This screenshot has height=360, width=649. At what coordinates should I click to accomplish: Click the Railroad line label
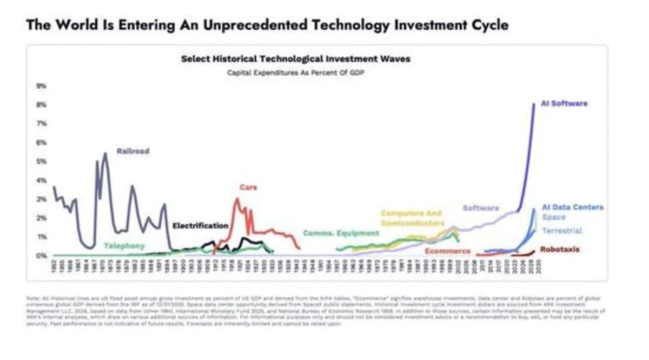(x=133, y=151)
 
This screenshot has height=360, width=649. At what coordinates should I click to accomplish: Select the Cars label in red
(x=248, y=187)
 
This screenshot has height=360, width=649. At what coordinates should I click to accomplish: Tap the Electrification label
(x=200, y=225)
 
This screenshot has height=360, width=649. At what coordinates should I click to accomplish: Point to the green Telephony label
(x=124, y=246)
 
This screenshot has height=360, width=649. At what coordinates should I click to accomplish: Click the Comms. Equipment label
(x=341, y=233)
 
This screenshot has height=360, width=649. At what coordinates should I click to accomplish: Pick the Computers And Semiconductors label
(x=412, y=218)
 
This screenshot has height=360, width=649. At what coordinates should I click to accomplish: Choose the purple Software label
(x=481, y=208)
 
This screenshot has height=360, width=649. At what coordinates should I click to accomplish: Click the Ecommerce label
(x=447, y=251)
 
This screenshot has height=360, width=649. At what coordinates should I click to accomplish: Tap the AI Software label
(x=564, y=103)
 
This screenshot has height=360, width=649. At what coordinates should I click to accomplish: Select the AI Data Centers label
(x=572, y=207)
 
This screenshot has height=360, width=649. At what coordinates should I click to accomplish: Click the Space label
(x=553, y=217)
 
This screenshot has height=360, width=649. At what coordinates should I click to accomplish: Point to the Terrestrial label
(x=562, y=231)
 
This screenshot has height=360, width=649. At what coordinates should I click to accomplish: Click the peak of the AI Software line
(x=534, y=103)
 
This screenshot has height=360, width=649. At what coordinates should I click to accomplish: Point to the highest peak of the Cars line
(x=237, y=199)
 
